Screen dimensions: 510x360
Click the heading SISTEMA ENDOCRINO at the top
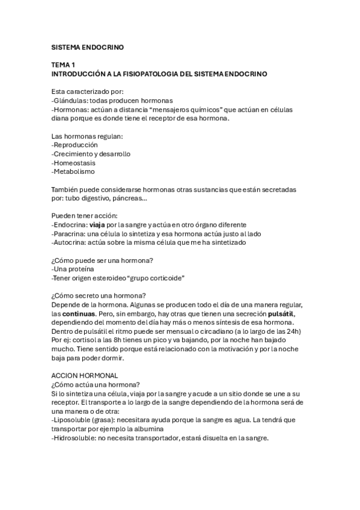[87, 46]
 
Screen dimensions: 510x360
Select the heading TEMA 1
[64, 64]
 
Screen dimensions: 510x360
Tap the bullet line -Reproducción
[75, 145]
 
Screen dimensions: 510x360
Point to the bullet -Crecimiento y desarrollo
[91, 154]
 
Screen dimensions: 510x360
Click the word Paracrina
[72, 233]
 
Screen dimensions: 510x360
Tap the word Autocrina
[72, 242]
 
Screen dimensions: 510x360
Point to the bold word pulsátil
[281, 313]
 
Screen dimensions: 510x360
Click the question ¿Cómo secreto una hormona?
[99, 295]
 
